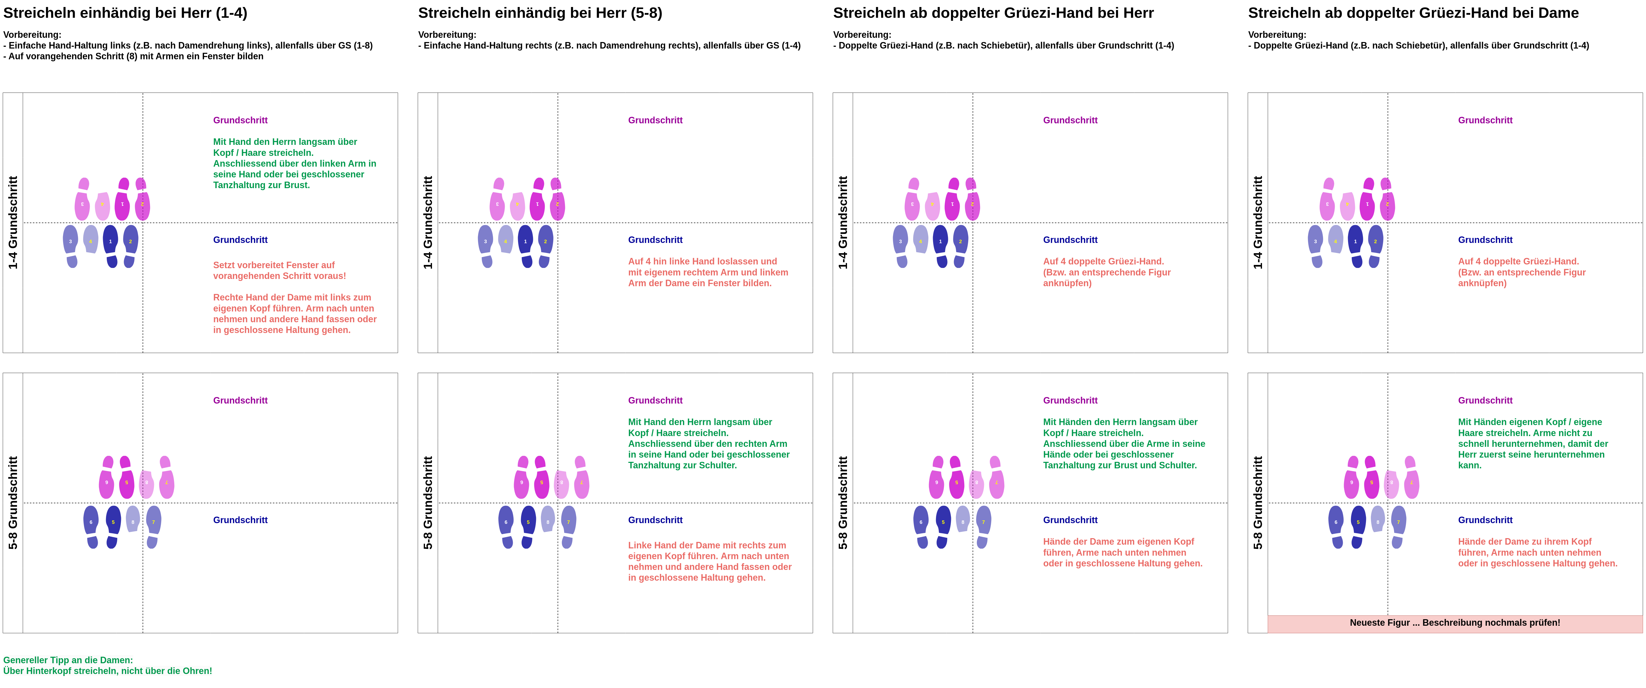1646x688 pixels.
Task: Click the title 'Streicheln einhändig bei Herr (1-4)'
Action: [x=125, y=13]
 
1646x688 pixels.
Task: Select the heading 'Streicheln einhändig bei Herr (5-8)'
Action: [x=540, y=13]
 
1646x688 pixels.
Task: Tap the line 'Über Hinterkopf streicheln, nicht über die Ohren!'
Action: [x=107, y=671]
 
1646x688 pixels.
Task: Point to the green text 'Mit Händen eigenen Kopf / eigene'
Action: [x=1530, y=422]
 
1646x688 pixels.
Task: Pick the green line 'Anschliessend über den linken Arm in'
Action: [x=294, y=164]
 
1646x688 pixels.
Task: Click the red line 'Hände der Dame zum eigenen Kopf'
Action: [x=1118, y=542]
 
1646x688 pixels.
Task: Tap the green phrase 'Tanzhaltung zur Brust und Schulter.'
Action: [x=1119, y=466]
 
